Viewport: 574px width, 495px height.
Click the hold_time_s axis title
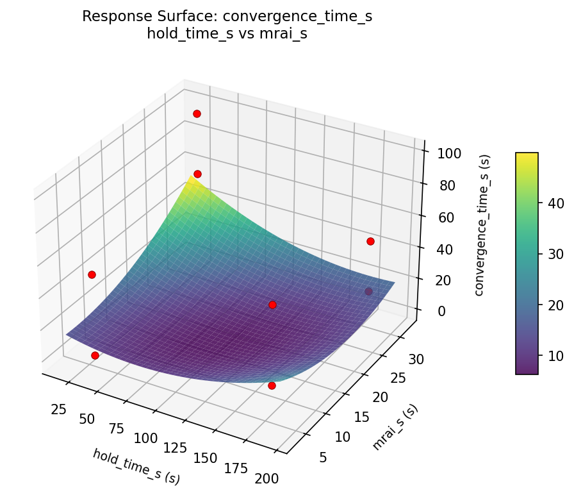[136, 466]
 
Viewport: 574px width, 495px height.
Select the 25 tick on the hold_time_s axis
[60, 408]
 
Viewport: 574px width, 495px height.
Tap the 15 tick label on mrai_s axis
[362, 417]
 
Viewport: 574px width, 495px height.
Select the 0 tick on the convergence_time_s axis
[441, 311]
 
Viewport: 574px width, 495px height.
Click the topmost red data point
[197, 113]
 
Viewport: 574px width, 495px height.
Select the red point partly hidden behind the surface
[368, 292]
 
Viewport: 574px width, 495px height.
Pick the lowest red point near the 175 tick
[272, 385]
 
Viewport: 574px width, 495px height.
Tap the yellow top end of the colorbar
[527, 155]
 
